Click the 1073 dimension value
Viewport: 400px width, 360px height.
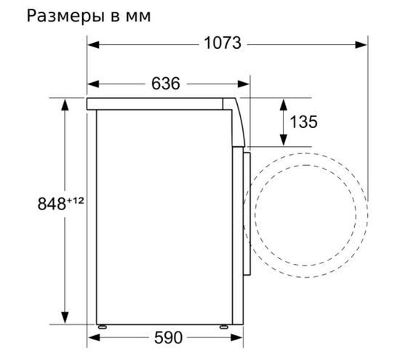coord(222,43)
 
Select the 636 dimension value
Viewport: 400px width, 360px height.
coord(166,84)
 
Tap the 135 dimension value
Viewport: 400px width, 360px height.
coord(303,121)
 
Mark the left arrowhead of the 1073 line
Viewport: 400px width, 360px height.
coord(93,44)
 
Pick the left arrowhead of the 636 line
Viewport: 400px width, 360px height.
coord(93,84)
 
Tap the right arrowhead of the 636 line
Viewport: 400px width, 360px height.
coord(244,84)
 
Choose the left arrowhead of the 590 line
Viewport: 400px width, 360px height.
coord(93,338)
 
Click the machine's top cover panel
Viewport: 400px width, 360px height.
coord(160,104)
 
